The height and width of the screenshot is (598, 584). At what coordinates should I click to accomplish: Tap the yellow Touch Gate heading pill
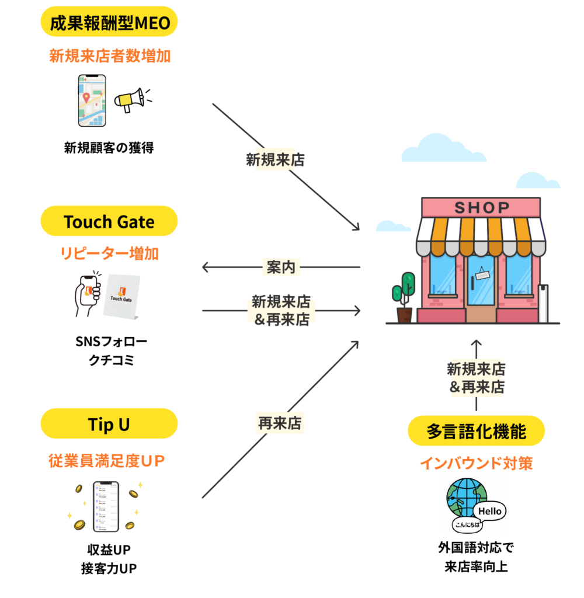[x=109, y=222]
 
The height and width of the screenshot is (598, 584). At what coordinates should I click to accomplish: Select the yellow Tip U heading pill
[x=109, y=425]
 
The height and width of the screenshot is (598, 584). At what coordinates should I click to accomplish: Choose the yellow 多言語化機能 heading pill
[x=476, y=432]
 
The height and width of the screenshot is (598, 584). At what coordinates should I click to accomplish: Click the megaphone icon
[x=130, y=100]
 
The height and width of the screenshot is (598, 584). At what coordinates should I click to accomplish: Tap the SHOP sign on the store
[x=481, y=207]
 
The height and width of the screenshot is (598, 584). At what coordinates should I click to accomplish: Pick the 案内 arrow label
[x=281, y=267]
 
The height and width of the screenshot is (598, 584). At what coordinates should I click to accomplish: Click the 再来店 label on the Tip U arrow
[x=280, y=423]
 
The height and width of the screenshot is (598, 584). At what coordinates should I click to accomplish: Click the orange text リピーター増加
[x=109, y=254]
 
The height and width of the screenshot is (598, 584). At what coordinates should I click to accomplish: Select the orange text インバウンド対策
[x=476, y=464]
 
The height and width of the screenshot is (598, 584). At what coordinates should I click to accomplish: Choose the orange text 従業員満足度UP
[x=109, y=461]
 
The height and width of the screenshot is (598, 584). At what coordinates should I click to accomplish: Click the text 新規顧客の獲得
[x=109, y=148]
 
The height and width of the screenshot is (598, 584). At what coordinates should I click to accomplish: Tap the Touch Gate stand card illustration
[x=121, y=297]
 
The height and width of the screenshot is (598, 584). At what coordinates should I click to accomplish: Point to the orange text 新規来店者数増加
[x=109, y=57]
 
